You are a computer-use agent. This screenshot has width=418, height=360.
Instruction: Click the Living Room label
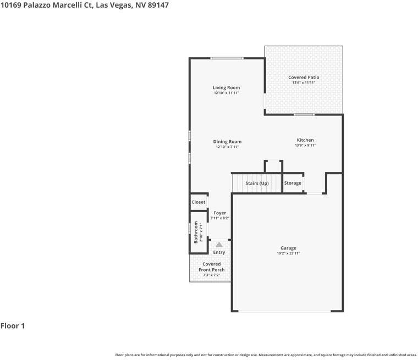pyautogui.click(x=226, y=87)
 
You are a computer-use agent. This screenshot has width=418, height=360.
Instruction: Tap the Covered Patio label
pyautogui.click(x=304, y=77)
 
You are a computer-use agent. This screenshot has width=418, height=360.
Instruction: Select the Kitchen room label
pyautogui.click(x=305, y=140)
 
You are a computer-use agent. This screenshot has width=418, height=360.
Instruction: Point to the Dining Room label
pyautogui.click(x=227, y=142)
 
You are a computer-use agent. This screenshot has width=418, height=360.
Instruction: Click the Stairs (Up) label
pyautogui.click(x=257, y=183)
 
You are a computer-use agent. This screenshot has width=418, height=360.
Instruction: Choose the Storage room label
pyautogui.click(x=293, y=183)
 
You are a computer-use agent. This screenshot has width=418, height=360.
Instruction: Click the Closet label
pyautogui.click(x=199, y=202)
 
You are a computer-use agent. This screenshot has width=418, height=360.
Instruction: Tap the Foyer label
pyautogui.click(x=219, y=213)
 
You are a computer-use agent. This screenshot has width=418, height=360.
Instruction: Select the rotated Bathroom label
pyautogui.click(x=195, y=232)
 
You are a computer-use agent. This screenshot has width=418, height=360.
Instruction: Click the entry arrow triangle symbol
pyautogui.click(x=219, y=244)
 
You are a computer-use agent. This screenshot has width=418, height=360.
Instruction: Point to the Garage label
pyautogui.click(x=288, y=248)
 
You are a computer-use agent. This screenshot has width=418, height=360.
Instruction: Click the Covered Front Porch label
pyautogui.click(x=211, y=267)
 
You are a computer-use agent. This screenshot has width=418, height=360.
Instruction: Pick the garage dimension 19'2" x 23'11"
pyautogui.click(x=288, y=253)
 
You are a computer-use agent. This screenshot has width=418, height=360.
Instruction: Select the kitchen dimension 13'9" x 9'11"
pyautogui.click(x=305, y=146)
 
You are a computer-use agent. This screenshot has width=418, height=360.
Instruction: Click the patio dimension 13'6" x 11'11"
pyautogui.click(x=304, y=83)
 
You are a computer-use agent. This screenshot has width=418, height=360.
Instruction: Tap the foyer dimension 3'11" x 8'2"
pyautogui.click(x=219, y=218)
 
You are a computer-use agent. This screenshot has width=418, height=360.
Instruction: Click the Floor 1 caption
pyautogui.click(x=13, y=326)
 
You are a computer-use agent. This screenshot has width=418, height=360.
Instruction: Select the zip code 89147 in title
pyautogui.click(x=156, y=5)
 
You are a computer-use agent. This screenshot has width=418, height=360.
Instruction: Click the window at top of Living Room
pyautogui.click(x=227, y=58)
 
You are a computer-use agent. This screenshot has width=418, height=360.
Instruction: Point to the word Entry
pyautogui.click(x=219, y=252)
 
